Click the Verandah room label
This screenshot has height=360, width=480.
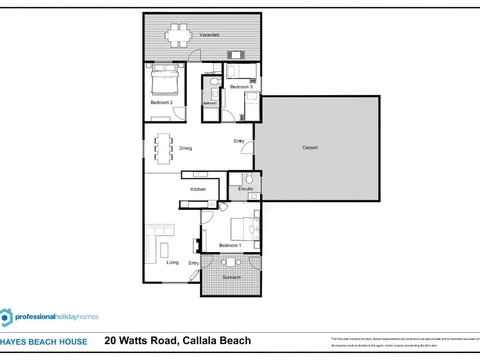[208, 35]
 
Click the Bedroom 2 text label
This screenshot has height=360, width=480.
[163, 102]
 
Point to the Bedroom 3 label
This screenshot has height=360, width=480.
[241, 88]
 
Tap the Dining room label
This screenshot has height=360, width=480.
[186, 149]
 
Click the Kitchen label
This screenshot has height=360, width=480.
[198, 189]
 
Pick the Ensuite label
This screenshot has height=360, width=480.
[244, 189]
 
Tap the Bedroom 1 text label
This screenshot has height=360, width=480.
[230, 245]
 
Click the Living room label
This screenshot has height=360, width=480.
[172, 263]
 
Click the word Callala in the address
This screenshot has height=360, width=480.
[213, 342]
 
